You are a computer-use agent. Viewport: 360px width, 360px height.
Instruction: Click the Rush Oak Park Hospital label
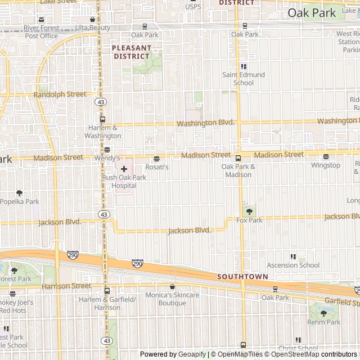124,181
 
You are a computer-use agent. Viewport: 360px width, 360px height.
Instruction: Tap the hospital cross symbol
124,169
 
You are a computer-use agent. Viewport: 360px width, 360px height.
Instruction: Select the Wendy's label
107,158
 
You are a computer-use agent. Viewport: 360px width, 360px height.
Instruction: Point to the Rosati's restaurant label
157,167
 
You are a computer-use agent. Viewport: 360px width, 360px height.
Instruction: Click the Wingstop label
326,165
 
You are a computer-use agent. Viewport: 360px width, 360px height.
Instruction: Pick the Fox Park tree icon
249,211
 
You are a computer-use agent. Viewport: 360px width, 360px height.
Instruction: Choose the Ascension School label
293,265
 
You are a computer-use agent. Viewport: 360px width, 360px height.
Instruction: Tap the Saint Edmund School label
243,79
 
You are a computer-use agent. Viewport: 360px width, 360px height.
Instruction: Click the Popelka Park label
20,201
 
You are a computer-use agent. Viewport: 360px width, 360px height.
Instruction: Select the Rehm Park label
323,322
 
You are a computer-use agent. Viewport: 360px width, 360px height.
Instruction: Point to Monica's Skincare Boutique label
172,299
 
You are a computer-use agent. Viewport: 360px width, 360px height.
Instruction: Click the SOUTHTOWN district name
242,277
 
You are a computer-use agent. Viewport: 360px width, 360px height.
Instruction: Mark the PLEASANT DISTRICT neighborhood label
131,52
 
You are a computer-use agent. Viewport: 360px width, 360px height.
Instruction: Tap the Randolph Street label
60,94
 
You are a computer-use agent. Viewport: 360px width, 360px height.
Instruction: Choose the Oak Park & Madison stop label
238,170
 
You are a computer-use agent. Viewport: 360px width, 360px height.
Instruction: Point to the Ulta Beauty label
93,28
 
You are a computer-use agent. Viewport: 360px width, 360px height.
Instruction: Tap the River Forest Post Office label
41,31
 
